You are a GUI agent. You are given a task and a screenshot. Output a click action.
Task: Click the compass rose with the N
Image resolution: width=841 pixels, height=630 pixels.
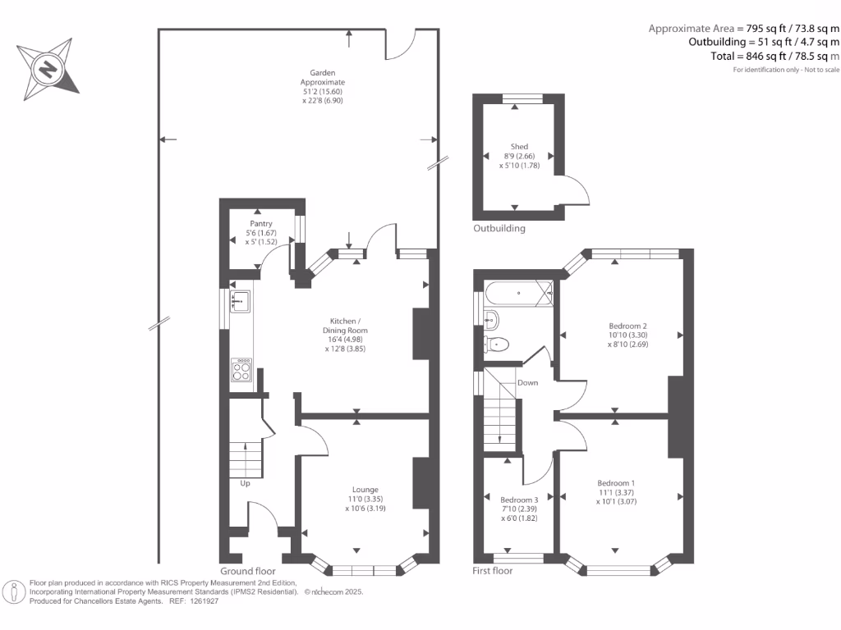pyautogui.click(x=48, y=69)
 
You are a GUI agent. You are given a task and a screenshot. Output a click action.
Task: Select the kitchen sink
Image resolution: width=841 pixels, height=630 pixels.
pyautogui.click(x=241, y=301)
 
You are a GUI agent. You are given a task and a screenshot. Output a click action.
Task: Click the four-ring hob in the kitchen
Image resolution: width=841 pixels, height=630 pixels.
pyautogui.click(x=241, y=370)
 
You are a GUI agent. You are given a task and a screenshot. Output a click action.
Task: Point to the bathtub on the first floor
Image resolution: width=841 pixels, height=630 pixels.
pyautogui.click(x=519, y=293)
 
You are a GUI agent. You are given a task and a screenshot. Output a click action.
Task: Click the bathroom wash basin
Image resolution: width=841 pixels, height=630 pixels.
pyautogui.click(x=491, y=320)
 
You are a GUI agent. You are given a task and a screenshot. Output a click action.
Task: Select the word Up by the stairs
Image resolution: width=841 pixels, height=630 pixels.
pyautogui.click(x=245, y=483)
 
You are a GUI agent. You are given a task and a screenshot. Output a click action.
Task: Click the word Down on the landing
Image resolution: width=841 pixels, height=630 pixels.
pyautogui.click(x=528, y=382)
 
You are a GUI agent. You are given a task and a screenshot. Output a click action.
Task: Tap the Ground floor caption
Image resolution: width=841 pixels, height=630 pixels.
pyautogui.click(x=248, y=571)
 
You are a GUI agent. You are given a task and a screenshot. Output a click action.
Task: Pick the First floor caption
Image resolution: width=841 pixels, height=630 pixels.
pyautogui.click(x=493, y=571)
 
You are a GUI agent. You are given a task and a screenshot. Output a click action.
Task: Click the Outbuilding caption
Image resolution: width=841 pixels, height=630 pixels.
pyautogui.click(x=499, y=228)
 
